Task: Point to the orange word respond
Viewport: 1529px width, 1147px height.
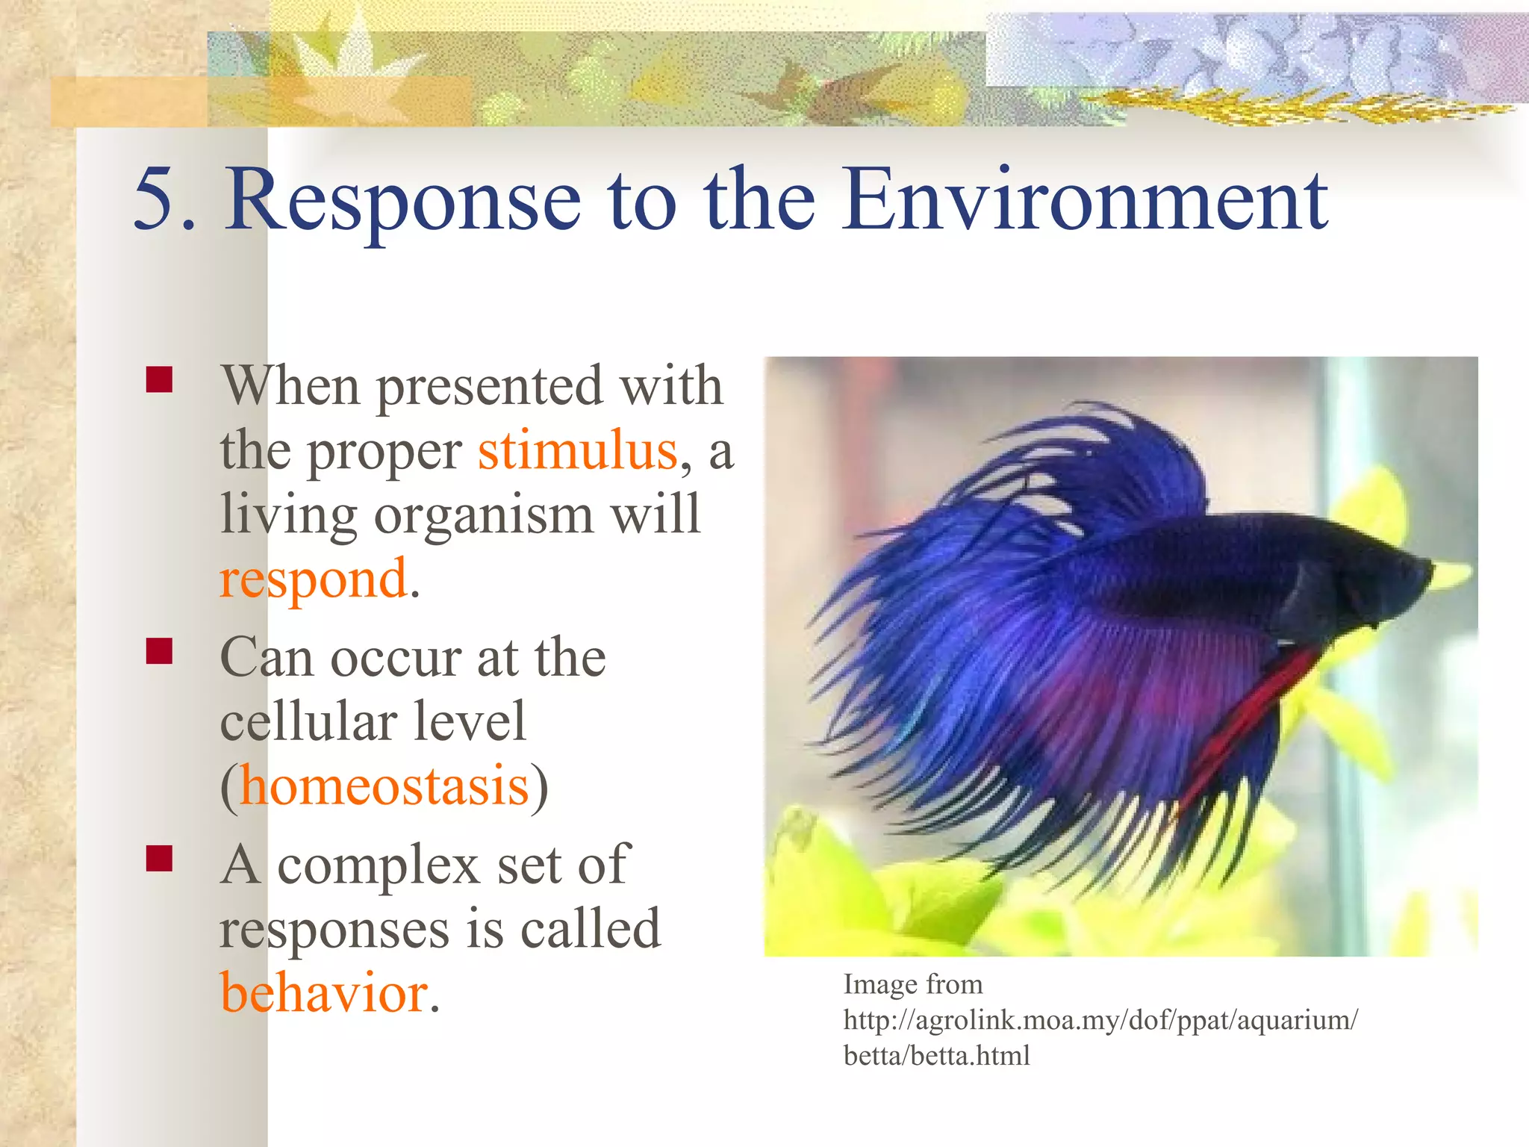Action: coord(314,579)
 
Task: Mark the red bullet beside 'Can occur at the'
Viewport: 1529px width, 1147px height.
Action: coord(160,651)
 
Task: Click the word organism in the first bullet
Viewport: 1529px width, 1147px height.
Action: coord(484,515)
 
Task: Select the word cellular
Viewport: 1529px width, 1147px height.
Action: coord(306,721)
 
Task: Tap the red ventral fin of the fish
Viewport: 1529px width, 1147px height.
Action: coord(1254,717)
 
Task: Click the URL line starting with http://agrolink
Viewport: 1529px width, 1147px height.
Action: coord(1100,1020)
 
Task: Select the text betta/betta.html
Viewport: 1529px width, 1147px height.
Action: coord(936,1056)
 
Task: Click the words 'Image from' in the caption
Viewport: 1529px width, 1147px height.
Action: coord(912,984)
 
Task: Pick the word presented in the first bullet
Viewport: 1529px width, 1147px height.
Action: coord(488,387)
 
